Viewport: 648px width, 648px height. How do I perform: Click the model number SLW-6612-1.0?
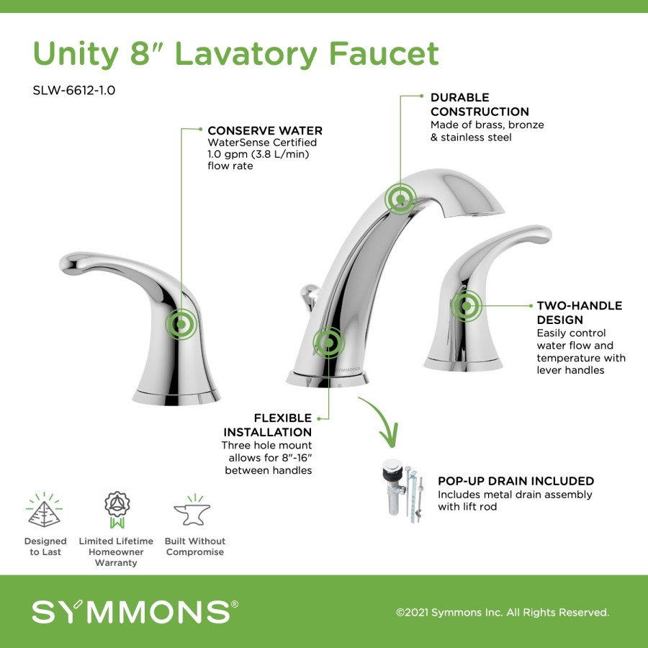(x=74, y=90)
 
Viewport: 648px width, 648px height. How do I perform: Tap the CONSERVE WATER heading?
(x=265, y=130)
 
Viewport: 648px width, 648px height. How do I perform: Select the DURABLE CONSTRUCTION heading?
(x=480, y=104)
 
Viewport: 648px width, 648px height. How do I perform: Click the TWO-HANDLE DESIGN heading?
(x=579, y=312)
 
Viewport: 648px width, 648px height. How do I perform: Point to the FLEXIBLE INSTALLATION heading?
(x=267, y=425)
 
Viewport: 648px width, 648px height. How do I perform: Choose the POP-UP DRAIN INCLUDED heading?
(x=516, y=481)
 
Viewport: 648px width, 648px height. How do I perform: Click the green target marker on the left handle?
(x=181, y=325)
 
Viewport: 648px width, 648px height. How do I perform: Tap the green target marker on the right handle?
(x=466, y=306)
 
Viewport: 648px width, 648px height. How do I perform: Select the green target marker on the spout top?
(x=400, y=199)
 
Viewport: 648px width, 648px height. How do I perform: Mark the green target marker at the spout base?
(x=328, y=343)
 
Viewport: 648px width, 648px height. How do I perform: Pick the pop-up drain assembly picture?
(x=403, y=490)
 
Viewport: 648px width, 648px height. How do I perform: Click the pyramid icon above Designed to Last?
(x=44, y=510)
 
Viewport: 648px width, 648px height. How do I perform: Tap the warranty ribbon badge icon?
(x=117, y=510)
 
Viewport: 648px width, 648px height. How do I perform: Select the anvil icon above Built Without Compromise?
(x=192, y=510)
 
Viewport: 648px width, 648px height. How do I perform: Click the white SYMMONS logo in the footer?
(x=135, y=611)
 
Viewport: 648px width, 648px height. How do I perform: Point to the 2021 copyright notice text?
(x=503, y=612)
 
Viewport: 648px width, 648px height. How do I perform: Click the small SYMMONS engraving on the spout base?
(x=348, y=369)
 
